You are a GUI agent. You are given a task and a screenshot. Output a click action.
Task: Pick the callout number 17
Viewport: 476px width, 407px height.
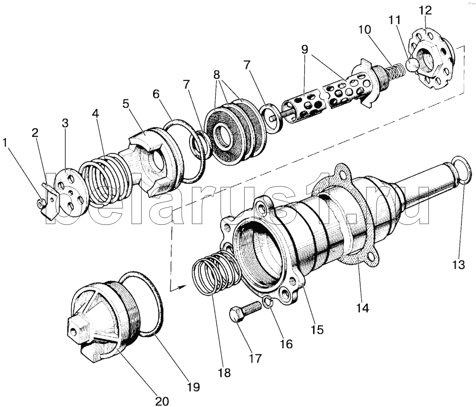pos(255,358)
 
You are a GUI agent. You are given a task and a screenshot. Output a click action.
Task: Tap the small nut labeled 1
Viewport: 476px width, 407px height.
pos(40,203)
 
